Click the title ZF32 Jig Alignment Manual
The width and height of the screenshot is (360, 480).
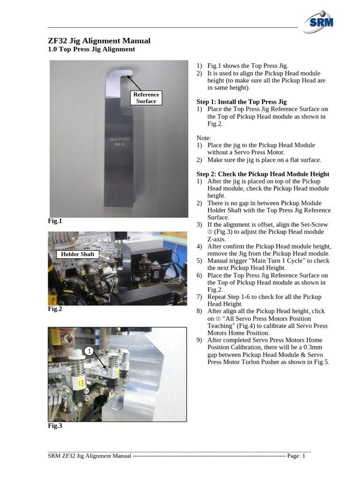(x=99, y=41)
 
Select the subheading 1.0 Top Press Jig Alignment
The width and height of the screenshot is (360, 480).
(x=91, y=49)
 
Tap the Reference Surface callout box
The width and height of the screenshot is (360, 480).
(x=146, y=97)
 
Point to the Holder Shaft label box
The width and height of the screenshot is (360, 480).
(x=77, y=254)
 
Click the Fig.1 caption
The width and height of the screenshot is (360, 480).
(x=55, y=221)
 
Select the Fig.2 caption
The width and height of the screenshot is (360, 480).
(x=55, y=309)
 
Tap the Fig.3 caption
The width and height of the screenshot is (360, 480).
(x=55, y=426)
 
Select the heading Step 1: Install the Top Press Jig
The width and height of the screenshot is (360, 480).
(x=241, y=102)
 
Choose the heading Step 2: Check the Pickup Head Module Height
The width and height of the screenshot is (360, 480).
(x=262, y=174)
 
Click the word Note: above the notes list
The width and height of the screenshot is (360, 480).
(x=204, y=138)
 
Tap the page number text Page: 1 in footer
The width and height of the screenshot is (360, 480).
(x=296, y=456)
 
